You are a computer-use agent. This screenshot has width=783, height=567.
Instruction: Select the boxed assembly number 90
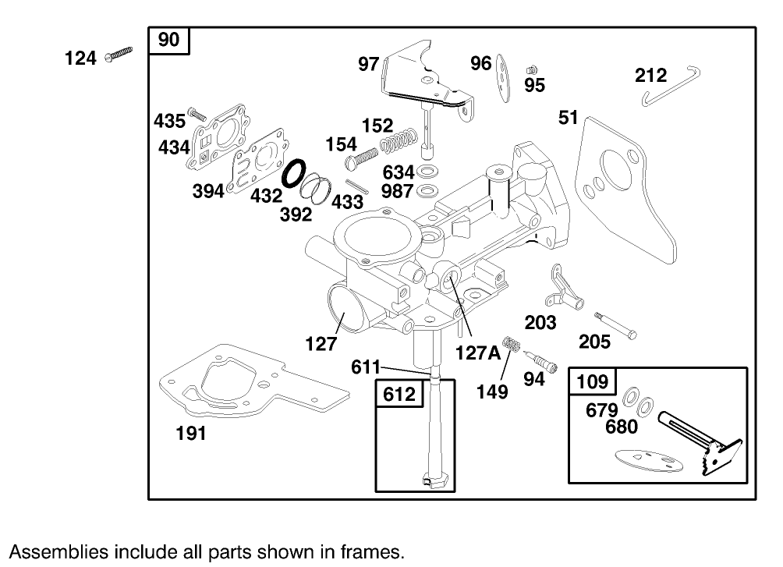click(x=168, y=41)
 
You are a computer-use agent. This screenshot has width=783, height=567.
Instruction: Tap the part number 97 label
click(x=368, y=65)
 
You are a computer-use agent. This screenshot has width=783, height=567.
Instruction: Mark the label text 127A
click(x=478, y=353)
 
